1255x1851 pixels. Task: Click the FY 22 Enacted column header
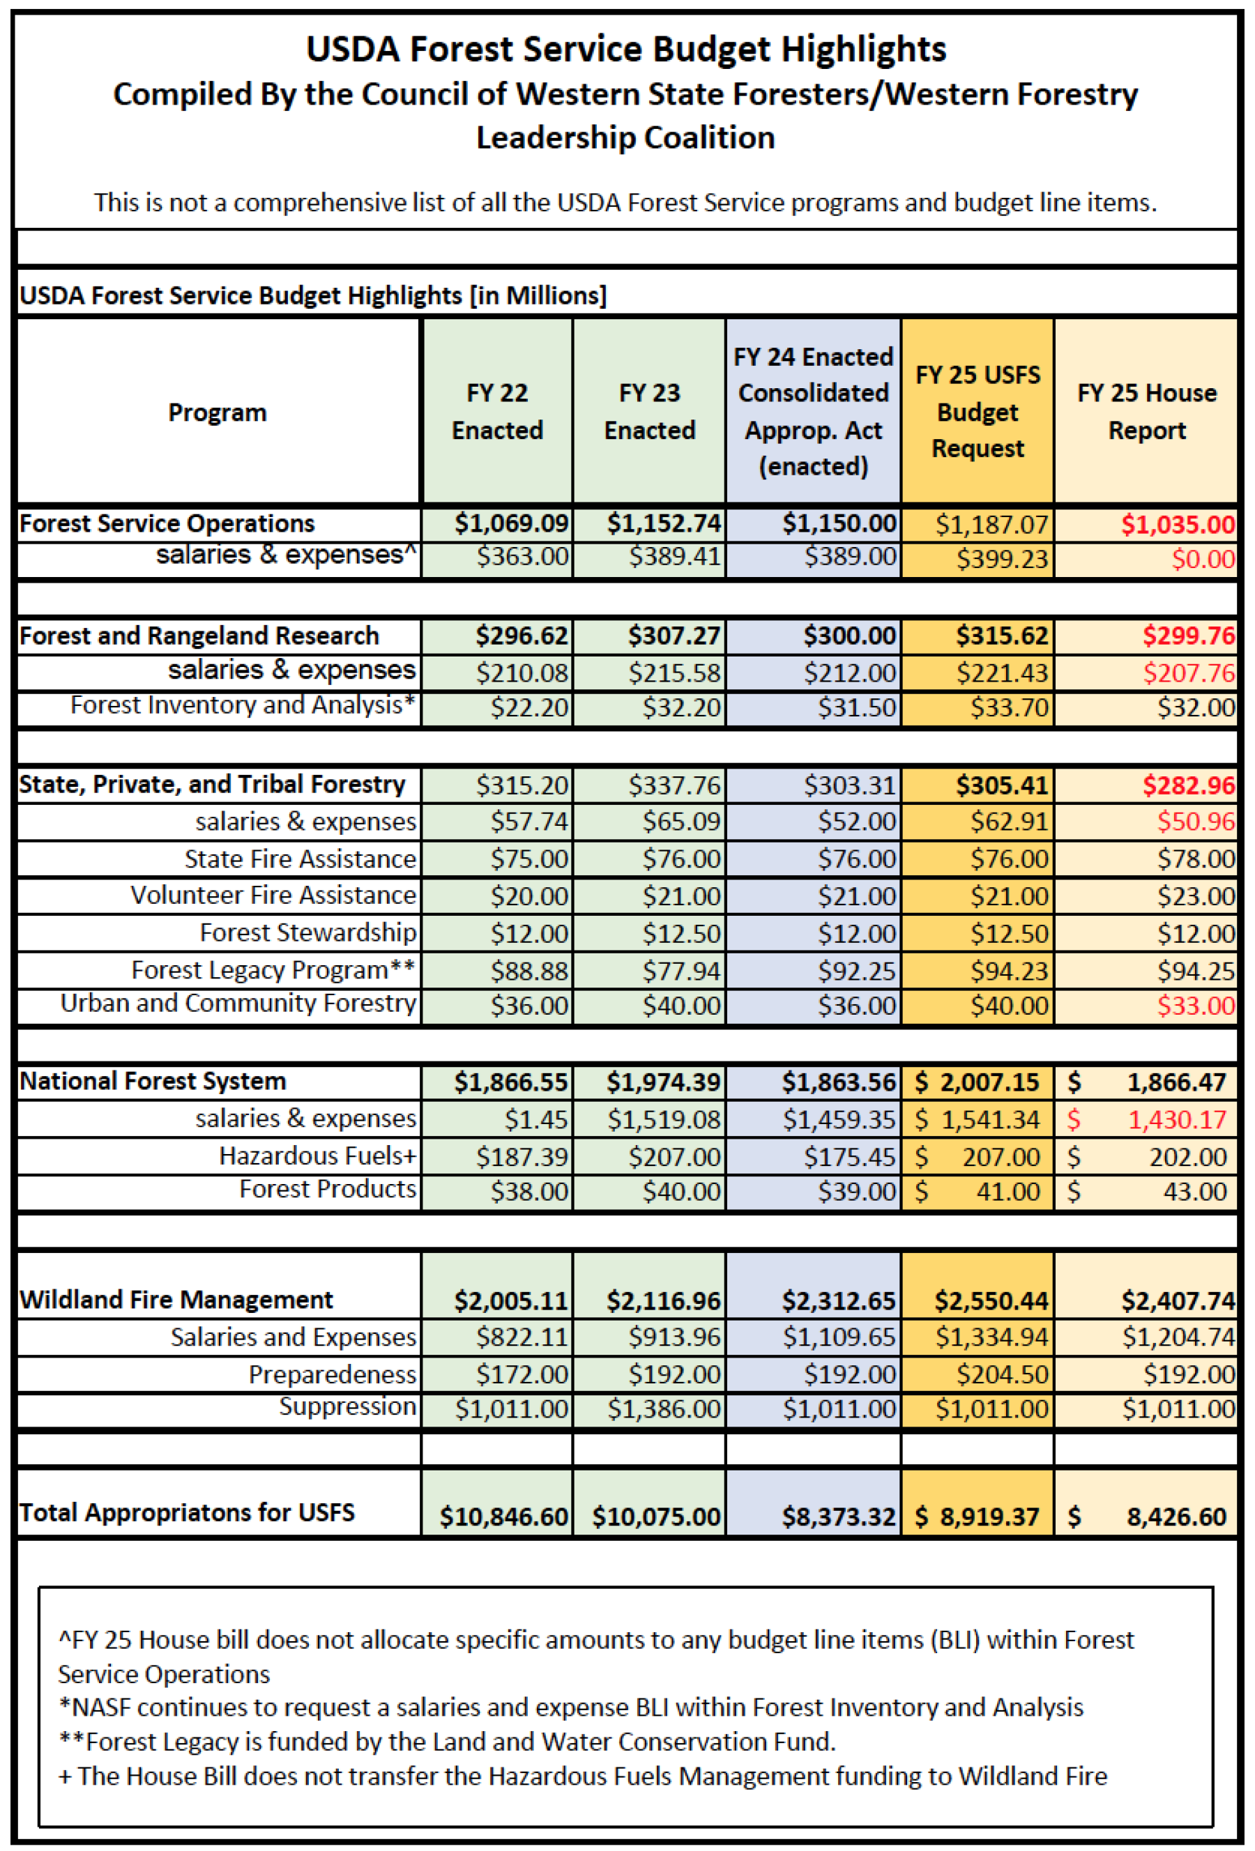(x=497, y=411)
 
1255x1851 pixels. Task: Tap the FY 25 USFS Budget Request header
(x=977, y=411)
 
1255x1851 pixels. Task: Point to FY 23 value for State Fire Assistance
(x=680, y=859)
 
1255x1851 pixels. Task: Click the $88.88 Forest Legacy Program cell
(x=528, y=971)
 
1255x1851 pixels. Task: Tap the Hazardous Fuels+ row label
(x=317, y=1155)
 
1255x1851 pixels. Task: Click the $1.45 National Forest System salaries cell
(x=535, y=1120)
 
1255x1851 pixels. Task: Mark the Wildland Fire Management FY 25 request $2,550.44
(x=991, y=1300)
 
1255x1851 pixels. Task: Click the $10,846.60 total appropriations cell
(x=503, y=1516)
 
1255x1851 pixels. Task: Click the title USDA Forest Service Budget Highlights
(x=626, y=49)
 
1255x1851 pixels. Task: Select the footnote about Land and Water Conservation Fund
(x=446, y=1742)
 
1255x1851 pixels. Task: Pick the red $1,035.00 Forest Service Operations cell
(x=1177, y=524)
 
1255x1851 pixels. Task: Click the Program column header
(x=217, y=413)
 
